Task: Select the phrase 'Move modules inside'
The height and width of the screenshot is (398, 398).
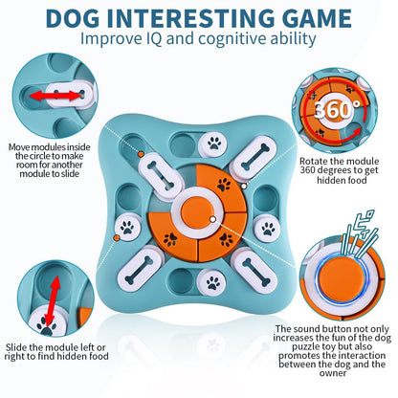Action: tap(44, 147)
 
